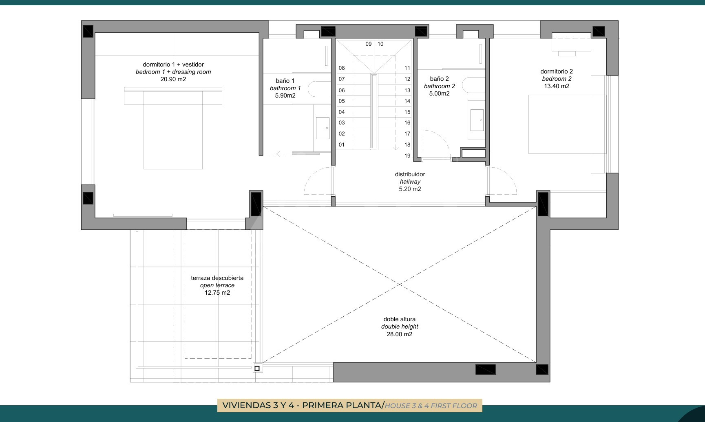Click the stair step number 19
coord(407,155)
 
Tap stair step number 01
coord(342,144)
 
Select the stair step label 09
coord(369,44)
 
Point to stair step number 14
coord(407,101)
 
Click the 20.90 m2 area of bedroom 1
coord(173,79)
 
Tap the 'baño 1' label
coord(285,81)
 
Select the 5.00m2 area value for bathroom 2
coord(440,93)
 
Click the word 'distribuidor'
coord(410,174)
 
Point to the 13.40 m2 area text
coord(557,86)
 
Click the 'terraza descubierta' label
coord(217,278)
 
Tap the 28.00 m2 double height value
coord(400,334)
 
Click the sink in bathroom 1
coord(323,128)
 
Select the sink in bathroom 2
coord(477,120)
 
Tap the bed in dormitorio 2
coord(567,124)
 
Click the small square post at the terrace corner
coord(257,369)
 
